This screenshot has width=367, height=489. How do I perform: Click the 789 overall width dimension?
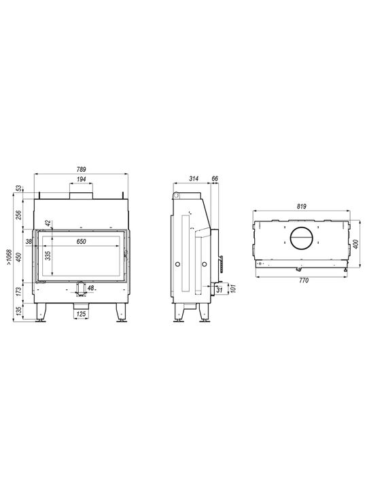pyautogui.click(x=81, y=170)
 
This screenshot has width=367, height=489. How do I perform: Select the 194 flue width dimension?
pyautogui.click(x=81, y=179)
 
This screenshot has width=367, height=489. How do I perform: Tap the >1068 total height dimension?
pyautogui.click(x=9, y=257)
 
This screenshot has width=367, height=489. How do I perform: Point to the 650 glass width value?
pyautogui.click(x=81, y=241)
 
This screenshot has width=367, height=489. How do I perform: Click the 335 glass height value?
pyautogui.click(x=48, y=256)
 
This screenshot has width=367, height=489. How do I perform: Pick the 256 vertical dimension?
pyautogui.click(x=19, y=215)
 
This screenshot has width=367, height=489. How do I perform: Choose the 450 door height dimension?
pyautogui.click(x=19, y=257)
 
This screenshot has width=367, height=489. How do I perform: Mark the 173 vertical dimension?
pyautogui.click(x=19, y=291)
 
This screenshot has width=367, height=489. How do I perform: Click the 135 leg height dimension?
pyautogui.click(x=19, y=311)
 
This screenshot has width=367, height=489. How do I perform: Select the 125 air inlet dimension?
pyautogui.click(x=81, y=314)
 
